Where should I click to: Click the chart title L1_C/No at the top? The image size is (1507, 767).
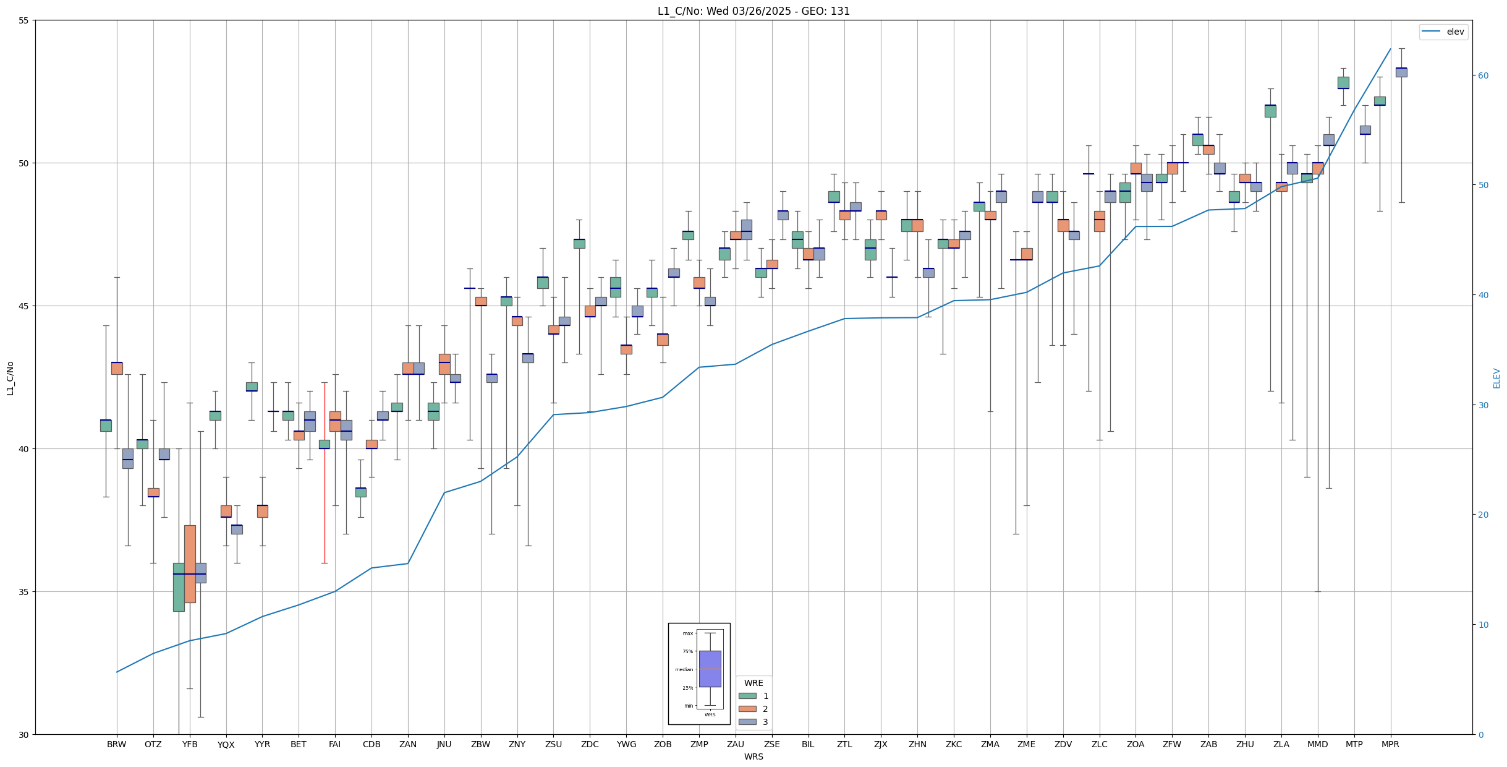coord(753,11)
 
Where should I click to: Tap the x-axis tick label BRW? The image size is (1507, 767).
coord(116,744)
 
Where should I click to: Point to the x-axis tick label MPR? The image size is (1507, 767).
coord(1390,744)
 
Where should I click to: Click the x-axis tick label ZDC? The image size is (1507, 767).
coord(590,744)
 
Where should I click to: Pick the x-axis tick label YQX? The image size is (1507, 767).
coord(226,745)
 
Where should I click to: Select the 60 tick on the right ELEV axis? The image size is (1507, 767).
coord(1483,75)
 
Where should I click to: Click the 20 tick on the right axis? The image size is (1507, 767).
coord(1483,515)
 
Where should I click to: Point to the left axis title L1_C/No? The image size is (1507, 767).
coord(10,378)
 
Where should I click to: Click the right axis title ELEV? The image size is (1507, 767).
coord(1496,378)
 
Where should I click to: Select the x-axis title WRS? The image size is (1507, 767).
coord(753,756)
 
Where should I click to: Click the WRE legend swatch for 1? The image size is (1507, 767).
coord(747,696)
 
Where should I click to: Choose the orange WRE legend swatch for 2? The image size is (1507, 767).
coord(747,709)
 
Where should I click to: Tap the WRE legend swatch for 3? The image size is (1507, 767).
coord(747,722)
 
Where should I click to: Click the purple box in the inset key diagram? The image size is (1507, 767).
coord(710,669)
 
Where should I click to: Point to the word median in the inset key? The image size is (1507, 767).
coord(684,669)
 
